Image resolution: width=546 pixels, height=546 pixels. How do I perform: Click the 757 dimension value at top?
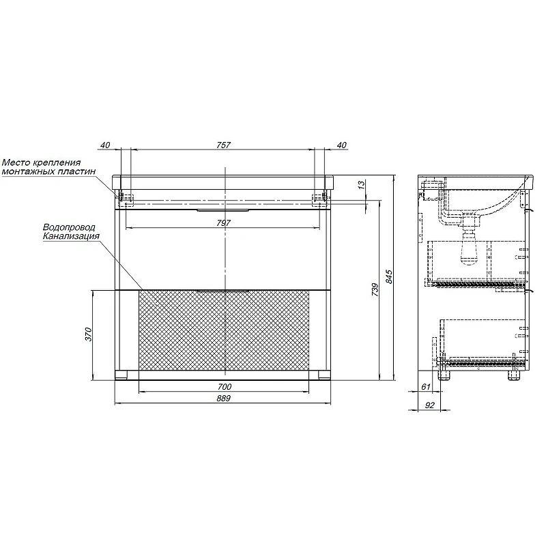click(223, 145)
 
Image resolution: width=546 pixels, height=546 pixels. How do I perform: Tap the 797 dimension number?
click(223, 223)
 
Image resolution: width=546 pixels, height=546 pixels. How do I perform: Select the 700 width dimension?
click(225, 386)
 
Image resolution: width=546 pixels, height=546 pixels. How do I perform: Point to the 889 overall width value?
click(223, 398)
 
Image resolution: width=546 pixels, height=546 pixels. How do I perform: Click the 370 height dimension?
click(89, 334)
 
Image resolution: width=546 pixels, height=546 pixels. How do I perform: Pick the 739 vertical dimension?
click(375, 289)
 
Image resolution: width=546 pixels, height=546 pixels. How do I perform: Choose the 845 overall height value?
click(389, 277)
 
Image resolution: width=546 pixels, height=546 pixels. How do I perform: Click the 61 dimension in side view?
click(426, 386)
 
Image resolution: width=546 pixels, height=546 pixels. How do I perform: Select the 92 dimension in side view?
click(430, 405)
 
